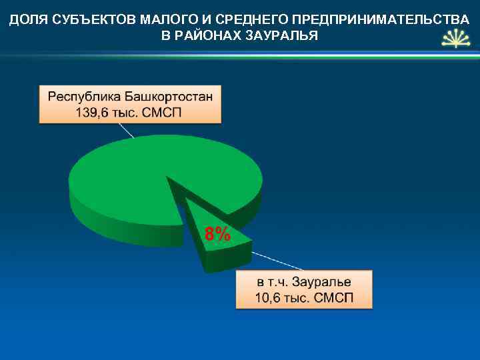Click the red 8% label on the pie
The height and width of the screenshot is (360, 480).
point(218,234)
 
